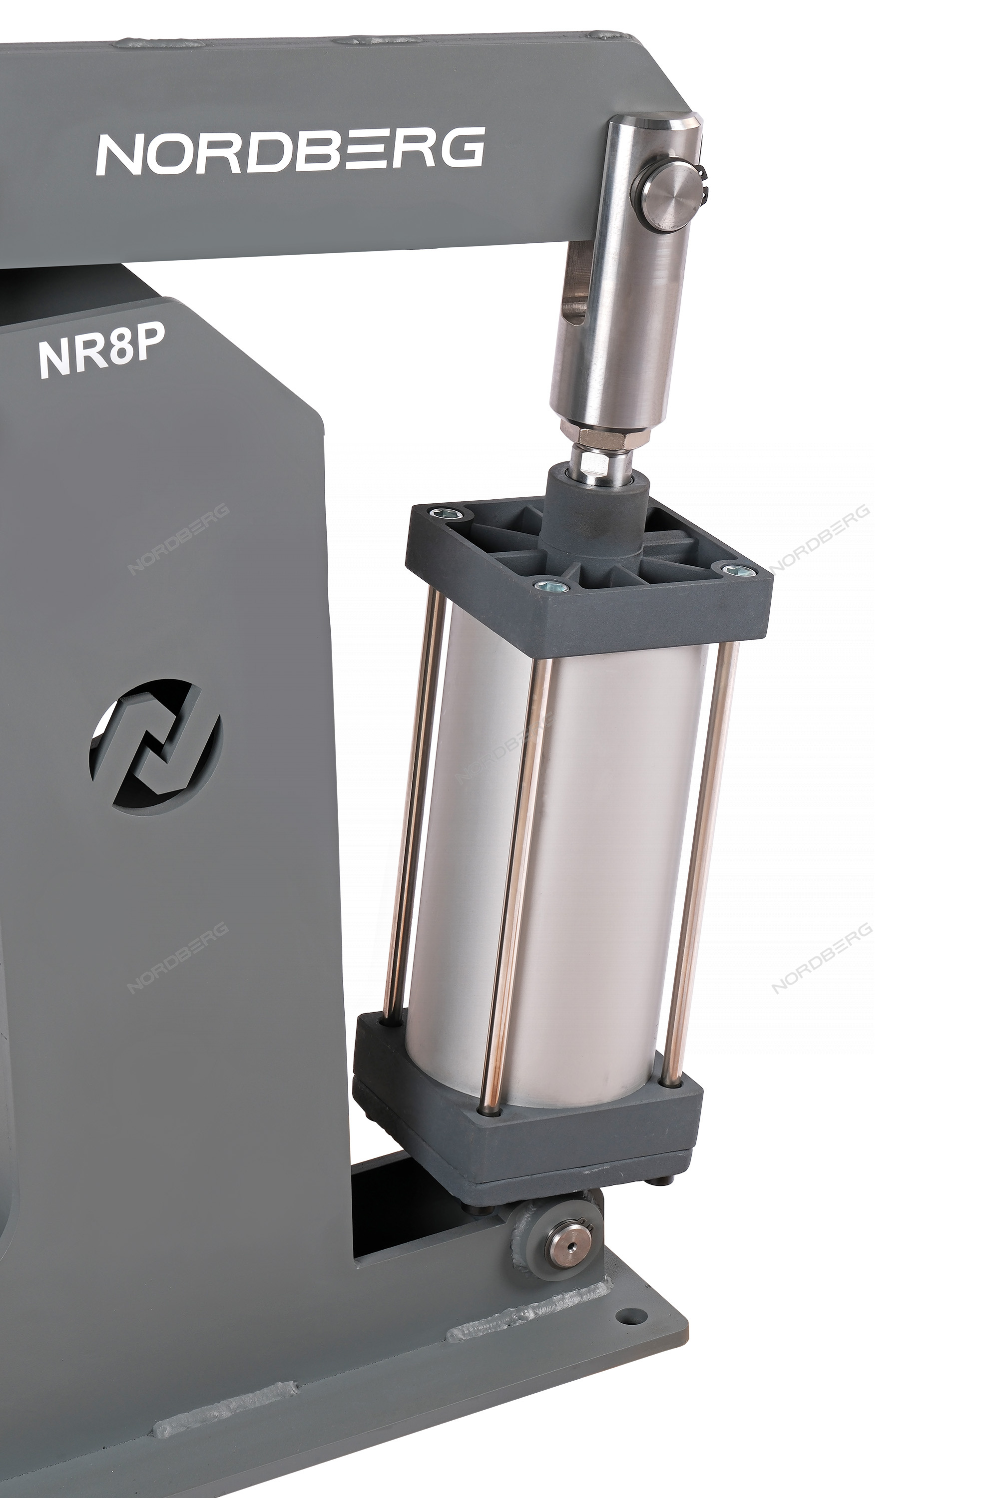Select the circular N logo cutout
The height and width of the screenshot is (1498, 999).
coord(155,749)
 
